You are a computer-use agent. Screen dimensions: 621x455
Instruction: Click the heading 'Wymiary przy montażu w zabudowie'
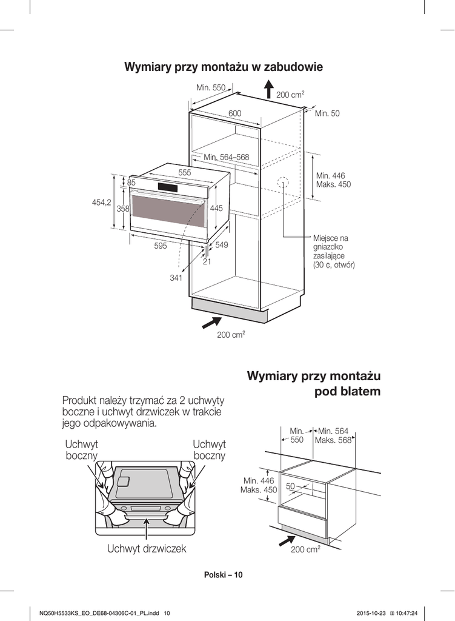pyautogui.click(x=223, y=67)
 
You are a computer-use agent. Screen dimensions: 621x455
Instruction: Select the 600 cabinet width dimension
pyautogui.click(x=234, y=113)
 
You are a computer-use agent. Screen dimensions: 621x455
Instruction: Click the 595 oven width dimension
pyautogui.click(x=160, y=246)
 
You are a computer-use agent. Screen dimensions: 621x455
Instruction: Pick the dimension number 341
pyautogui.click(x=176, y=278)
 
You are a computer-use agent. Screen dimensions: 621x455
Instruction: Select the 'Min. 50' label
pyautogui.click(x=327, y=113)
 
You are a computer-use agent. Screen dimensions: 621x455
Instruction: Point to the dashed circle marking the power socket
pyautogui.click(x=282, y=183)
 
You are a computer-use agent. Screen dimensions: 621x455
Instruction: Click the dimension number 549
pyautogui.click(x=222, y=245)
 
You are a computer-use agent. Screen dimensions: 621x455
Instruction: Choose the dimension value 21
pyautogui.click(x=207, y=261)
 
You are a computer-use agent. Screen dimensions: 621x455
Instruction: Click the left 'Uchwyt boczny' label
pyautogui.click(x=81, y=450)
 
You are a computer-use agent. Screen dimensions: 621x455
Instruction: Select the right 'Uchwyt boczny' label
pyautogui.click(x=209, y=450)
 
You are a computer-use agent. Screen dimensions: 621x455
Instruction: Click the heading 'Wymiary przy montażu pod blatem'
pyautogui.click(x=314, y=383)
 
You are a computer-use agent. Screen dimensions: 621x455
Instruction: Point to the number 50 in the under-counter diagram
pyautogui.click(x=290, y=486)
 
